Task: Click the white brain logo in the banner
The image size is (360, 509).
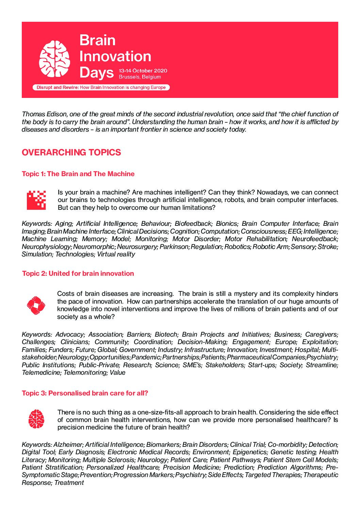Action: (x=54, y=58)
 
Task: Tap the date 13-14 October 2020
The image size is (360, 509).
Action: (x=143, y=71)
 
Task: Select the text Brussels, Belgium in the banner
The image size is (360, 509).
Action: (x=140, y=77)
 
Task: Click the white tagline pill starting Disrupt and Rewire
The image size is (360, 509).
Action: (x=101, y=87)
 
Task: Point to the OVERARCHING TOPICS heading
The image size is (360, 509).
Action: (x=71, y=152)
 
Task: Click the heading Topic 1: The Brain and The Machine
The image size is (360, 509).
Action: (x=78, y=174)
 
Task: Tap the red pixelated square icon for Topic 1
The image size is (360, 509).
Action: (x=36, y=200)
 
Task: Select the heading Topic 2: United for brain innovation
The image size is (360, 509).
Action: (x=78, y=273)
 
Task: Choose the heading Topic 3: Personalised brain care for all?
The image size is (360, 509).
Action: (x=85, y=393)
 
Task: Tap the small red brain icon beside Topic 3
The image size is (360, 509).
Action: (x=36, y=419)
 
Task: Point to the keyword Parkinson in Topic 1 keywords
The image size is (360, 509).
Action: (x=174, y=247)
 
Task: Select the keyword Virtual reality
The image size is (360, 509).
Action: (x=116, y=254)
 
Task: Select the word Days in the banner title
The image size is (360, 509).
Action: (x=96, y=72)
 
